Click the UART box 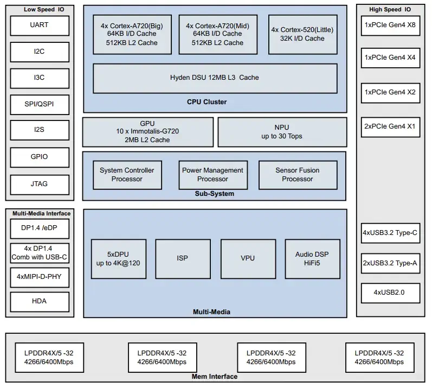40,26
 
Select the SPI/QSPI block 40,105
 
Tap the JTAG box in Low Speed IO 40,184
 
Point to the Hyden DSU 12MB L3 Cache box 215,78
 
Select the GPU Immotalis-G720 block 147,132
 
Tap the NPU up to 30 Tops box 282,132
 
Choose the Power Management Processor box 213,175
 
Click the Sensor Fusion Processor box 297,175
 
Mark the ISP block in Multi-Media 183,258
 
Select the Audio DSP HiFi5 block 312,258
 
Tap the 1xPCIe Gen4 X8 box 390,26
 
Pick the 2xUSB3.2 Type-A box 390,264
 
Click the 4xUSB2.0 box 390,293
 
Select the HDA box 40,302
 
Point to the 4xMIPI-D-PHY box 40,277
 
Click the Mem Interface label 215,377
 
